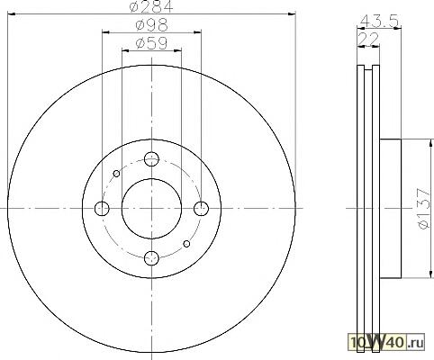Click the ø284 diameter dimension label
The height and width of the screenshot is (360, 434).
click(x=151, y=6)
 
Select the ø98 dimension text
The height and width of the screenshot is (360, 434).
click(x=151, y=25)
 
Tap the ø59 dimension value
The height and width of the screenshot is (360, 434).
click(x=151, y=43)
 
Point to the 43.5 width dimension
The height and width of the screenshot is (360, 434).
click(x=379, y=21)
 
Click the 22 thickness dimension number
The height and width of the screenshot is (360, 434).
click(x=368, y=39)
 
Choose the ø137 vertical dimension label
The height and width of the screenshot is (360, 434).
click(x=425, y=209)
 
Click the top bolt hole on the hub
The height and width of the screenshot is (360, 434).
click(x=151, y=159)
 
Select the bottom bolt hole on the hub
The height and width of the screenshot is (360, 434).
click(x=151, y=258)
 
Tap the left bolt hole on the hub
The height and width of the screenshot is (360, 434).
click(x=102, y=209)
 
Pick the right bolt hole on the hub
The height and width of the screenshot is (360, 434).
click(x=201, y=209)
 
